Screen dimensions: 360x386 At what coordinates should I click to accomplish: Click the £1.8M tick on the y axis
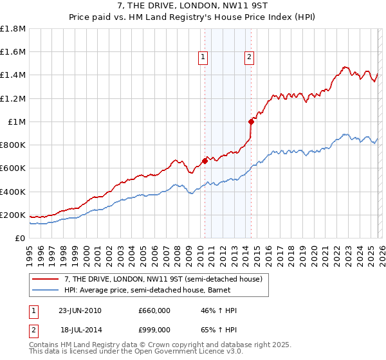point(14,29)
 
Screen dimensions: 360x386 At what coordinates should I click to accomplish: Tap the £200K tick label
point(13,215)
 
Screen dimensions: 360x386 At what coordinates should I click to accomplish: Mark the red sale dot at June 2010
point(205,161)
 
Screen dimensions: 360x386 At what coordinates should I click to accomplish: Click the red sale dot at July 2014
point(251,122)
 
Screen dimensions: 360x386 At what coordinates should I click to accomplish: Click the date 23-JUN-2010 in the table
point(80,310)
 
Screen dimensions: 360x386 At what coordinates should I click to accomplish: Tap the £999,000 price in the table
point(154,329)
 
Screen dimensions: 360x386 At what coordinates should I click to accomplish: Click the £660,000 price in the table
point(154,310)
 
